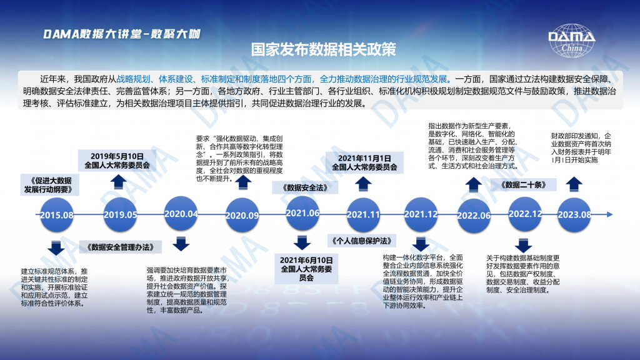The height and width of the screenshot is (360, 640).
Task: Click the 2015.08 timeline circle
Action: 57,215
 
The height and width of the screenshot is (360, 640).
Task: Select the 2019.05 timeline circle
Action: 121,215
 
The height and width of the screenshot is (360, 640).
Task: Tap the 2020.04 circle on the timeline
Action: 181,214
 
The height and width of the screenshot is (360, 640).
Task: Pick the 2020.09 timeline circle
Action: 242,215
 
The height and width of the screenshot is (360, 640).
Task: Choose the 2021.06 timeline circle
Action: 302,213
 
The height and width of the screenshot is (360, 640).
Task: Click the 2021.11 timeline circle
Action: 363,215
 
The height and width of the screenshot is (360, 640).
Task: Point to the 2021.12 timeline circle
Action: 421,214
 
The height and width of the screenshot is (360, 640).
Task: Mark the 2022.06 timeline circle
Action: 474,216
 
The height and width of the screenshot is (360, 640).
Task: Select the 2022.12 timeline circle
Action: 525,214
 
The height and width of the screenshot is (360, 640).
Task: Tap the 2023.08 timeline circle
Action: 574,215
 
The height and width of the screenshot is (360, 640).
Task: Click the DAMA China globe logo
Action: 571,41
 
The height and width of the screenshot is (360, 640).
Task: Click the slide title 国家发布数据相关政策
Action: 323,49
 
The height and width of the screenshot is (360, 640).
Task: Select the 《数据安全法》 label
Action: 305,187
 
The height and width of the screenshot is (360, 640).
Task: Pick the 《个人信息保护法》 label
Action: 362,241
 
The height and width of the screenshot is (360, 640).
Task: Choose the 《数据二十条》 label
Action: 523,185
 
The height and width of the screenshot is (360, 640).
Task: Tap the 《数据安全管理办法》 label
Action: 121,247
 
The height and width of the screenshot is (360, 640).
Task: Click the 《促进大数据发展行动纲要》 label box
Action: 50,185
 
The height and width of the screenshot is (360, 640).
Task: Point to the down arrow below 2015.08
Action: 56,247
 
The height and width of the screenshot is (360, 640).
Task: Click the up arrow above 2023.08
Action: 574,184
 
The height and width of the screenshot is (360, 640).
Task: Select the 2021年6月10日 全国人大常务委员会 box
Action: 306,269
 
